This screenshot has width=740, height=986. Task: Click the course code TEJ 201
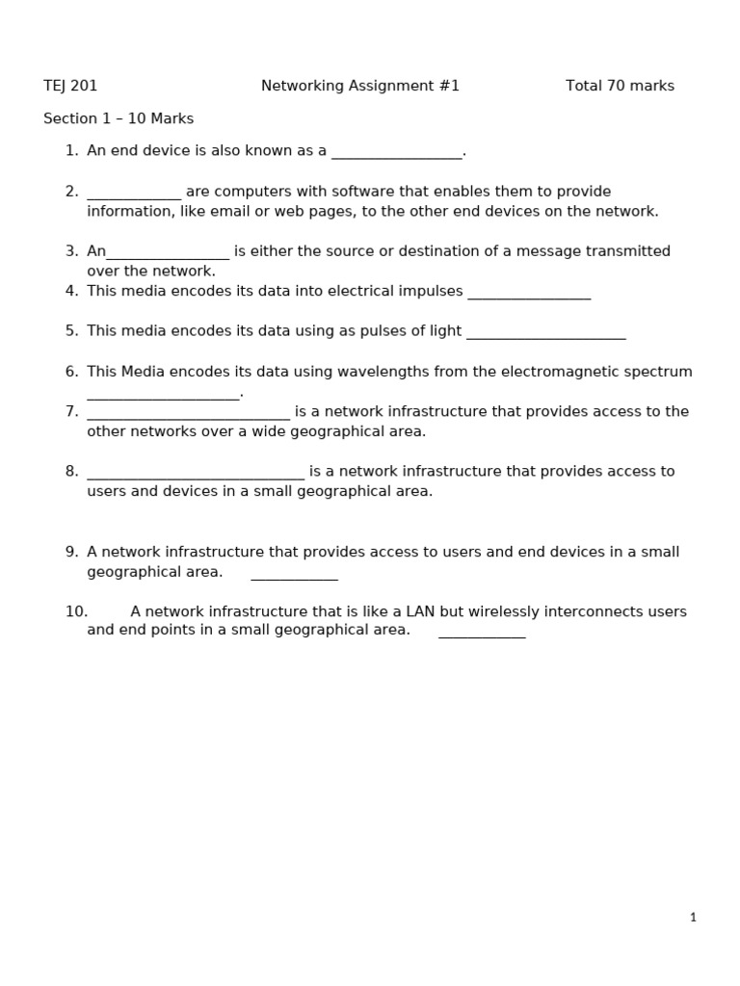coord(70,86)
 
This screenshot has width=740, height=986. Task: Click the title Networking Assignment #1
coord(360,86)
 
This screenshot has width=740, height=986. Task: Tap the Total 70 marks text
coord(620,86)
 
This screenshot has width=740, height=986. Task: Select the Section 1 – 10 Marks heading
coord(119,118)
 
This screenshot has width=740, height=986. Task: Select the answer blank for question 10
coord(482,635)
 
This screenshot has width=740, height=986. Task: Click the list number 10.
coord(76,611)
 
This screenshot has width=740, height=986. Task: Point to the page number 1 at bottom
coord(693,918)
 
